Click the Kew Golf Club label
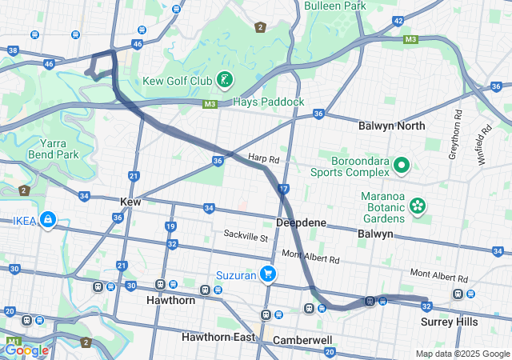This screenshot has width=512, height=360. (177, 81)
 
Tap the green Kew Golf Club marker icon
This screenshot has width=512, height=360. (226, 79)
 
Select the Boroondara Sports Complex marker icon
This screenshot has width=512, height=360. (401, 166)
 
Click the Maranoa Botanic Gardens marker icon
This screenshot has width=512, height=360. (417, 206)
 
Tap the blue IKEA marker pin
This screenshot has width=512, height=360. (47, 218)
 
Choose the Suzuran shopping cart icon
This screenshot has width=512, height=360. (269, 274)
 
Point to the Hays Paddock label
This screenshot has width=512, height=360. (268, 102)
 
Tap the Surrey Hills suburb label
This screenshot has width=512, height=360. (450, 322)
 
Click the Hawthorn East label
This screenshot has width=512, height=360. (218, 337)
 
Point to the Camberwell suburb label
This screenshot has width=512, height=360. (302, 340)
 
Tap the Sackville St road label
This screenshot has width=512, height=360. (246, 237)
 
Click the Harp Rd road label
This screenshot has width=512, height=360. (263, 158)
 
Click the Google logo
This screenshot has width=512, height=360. (26, 350)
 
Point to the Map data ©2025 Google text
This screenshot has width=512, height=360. (462, 354)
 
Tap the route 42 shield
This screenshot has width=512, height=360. (398, 21)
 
